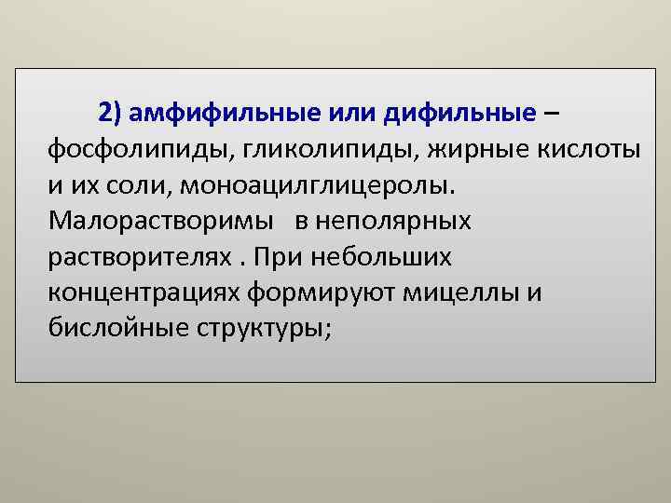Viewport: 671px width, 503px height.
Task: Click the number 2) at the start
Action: point(110,114)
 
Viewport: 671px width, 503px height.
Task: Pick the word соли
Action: point(137,185)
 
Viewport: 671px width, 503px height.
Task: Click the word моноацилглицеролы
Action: point(313,185)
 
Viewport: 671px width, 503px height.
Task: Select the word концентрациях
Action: point(146,292)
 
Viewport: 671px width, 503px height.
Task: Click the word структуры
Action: point(264,328)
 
